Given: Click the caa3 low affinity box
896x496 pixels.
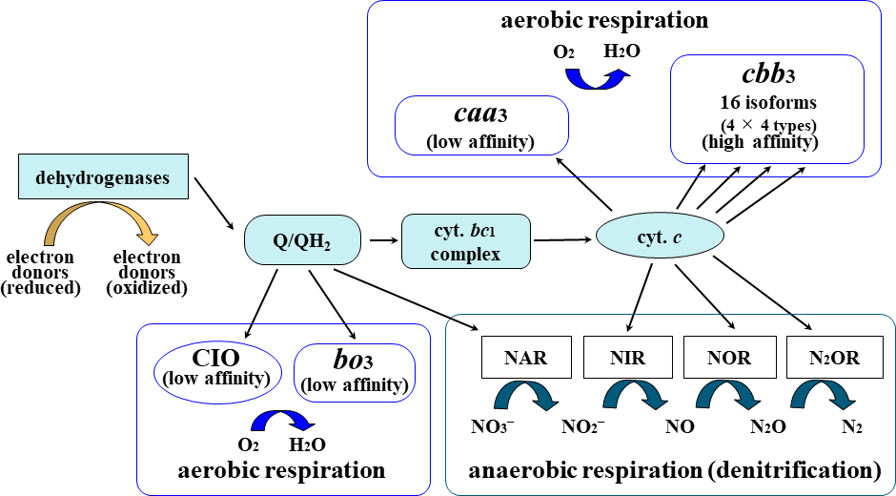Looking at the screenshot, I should pos(481,125).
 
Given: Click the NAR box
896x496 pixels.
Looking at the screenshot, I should pos(526,358).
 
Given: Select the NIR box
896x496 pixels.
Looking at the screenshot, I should pos(630,358).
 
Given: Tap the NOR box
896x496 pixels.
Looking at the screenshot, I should pos(730,358).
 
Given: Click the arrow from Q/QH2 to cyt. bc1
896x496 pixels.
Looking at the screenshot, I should pos(384,240).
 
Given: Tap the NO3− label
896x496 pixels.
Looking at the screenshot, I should pos(494,426).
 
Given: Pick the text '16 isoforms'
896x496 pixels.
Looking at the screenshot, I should pos(766,102).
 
